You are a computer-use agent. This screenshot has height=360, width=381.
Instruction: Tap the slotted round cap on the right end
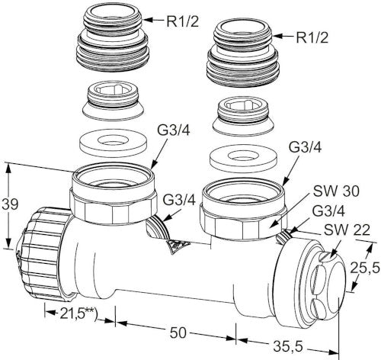(326, 287)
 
